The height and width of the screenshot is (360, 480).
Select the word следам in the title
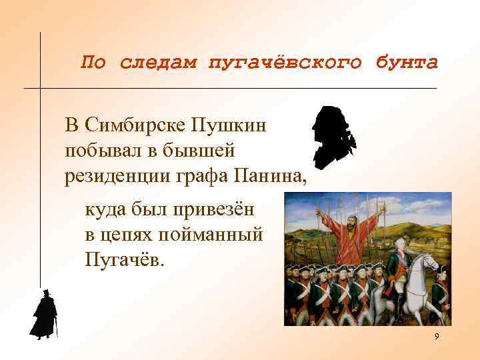pos(159,63)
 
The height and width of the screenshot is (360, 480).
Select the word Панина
pos(270,176)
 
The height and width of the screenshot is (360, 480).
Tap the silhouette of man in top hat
pos(44,315)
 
